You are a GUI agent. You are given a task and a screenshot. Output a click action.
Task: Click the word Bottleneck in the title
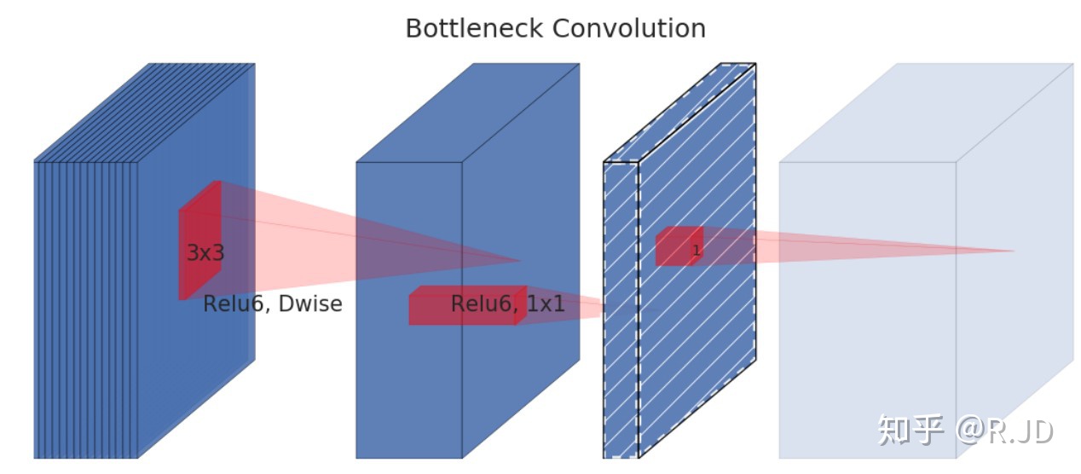coord(474,28)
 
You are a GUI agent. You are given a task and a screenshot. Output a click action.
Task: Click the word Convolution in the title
coord(629,28)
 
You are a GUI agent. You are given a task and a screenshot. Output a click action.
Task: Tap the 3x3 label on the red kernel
coord(205,252)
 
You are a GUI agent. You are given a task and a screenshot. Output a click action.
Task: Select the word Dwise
coord(310,303)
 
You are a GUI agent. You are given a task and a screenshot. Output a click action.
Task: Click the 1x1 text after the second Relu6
coord(546,303)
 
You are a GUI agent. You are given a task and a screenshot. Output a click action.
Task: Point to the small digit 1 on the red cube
coord(696,250)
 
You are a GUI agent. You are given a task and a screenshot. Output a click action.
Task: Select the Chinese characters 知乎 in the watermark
coord(910,429)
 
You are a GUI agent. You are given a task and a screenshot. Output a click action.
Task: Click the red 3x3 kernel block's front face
coord(184,255)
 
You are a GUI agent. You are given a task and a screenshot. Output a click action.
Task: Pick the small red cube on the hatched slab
coord(679,246)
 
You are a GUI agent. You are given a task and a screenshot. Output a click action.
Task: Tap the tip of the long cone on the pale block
coord(1014,251)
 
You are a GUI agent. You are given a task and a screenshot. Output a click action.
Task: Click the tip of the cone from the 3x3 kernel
coord(520,261)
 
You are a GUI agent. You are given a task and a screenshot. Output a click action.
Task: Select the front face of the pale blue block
coord(867,309)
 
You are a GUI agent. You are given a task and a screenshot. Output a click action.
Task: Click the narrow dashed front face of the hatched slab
coord(621,309)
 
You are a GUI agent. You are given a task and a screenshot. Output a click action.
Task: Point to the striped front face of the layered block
coord(86,309)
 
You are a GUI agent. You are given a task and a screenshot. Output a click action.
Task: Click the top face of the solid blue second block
coord(468,113)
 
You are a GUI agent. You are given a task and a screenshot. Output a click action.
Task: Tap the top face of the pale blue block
coord(926,113)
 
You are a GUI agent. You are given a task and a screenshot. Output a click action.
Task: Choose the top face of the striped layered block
coord(144,113)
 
